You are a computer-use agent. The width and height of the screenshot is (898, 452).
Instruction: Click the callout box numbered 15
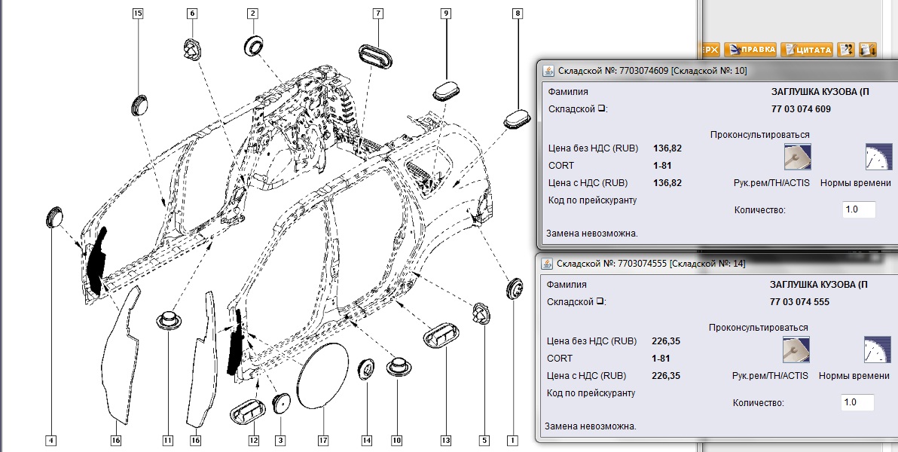tap(138, 14)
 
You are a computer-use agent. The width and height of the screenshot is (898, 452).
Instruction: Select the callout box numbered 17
tap(323, 440)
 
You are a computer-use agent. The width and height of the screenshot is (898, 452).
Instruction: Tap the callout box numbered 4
tap(51, 440)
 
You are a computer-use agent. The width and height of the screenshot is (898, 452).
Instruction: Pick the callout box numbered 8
tap(517, 14)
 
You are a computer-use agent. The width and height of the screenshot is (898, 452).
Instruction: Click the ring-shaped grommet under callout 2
tap(253, 44)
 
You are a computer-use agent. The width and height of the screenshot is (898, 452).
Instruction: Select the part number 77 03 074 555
tap(799, 302)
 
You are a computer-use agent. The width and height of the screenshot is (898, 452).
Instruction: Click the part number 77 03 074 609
tap(800, 109)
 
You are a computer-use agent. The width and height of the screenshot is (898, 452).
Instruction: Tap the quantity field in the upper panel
tap(858, 209)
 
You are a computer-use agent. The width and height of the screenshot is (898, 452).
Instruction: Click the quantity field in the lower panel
tap(857, 402)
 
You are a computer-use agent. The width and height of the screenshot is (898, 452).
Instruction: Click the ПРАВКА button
tap(750, 50)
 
